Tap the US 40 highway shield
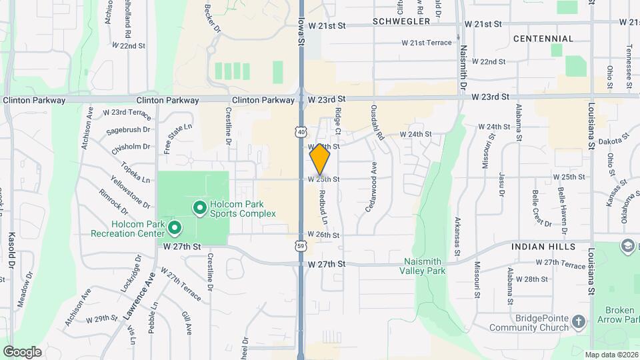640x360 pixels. (x=302, y=132)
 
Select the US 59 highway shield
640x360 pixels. (x=302, y=247)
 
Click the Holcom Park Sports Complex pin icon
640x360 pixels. (x=199, y=209)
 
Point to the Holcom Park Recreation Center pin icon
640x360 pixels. (x=175, y=229)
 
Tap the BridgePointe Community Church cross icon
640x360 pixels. (x=578, y=323)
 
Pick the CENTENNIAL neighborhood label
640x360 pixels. (x=543, y=39)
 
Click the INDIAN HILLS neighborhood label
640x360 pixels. (x=543, y=247)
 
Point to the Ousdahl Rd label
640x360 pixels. (x=380, y=124)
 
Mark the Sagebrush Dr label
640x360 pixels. (x=128, y=130)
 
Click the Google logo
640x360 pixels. (x=22, y=352)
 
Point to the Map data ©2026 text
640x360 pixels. (x=611, y=355)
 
